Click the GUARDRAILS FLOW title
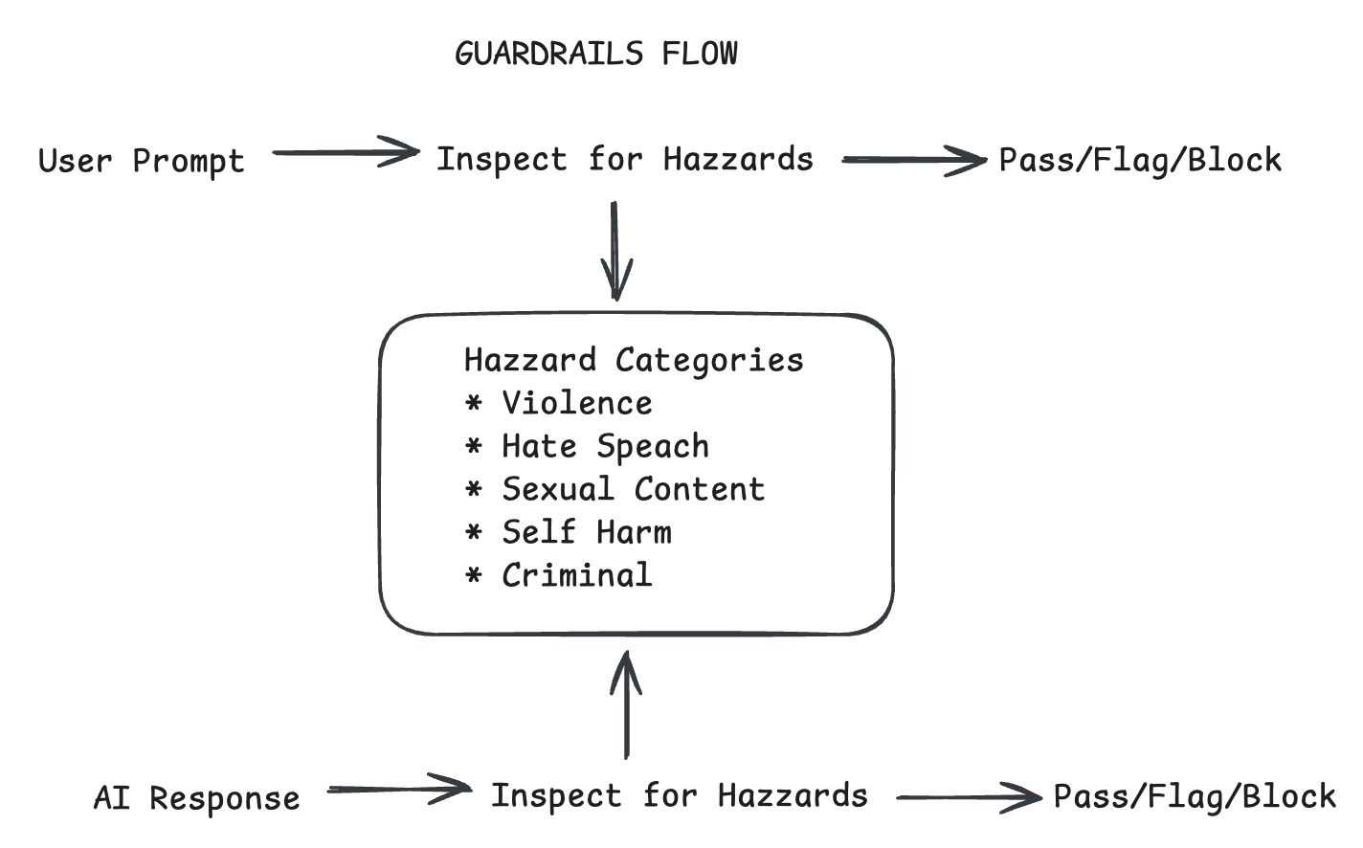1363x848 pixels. [x=595, y=54]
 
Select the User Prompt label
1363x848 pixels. [x=142, y=161]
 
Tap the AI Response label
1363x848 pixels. [x=196, y=797]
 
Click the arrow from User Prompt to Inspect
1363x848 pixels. [x=346, y=152]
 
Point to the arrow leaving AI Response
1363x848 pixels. [x=399, y=790]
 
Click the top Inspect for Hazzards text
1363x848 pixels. [x=624, y=159]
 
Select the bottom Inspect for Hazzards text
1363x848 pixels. [x=679, y=795]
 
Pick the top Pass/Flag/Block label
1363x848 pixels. [x=1139, y=160]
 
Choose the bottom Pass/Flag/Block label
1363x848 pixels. [x=1194, y=796]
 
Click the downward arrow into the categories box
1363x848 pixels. [x=615, y=251]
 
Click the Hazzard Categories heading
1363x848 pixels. [x=633, y=360]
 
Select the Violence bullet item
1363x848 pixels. [x=576, y=403]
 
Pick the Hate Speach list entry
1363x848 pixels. [x=605, y=446]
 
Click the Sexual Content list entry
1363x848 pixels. [x=633, y=489]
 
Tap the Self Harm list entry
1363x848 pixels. [x=586, y=532]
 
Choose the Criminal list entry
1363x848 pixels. [x=576, y=575]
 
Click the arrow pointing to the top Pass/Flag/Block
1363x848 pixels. [x=913, y=160]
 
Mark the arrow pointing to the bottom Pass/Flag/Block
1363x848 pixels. [x=969, y=796]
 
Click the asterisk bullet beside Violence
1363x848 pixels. [x=473, y=404]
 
